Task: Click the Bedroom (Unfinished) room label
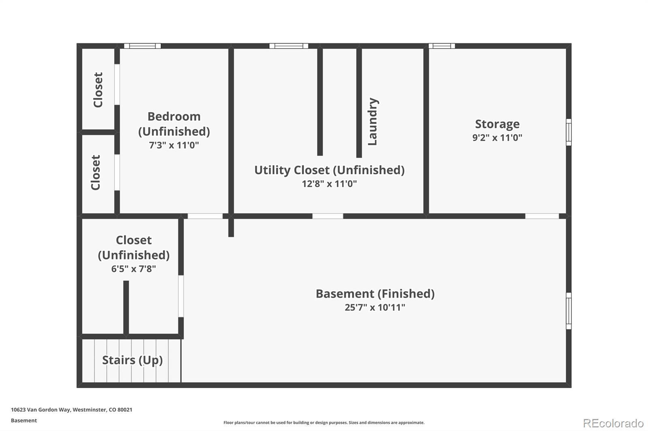(x=174, y=124)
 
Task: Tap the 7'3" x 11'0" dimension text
(x=174, y=145)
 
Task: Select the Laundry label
(x=372, y=121)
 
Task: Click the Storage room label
(x=497, y=124)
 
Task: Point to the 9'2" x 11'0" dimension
(x=497, y=137)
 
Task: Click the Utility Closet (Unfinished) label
(x=329, y=170)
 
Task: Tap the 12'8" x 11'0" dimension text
(x=329, y=184)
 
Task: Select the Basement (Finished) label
(x=375, y=294)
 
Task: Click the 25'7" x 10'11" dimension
(x=375, y=307)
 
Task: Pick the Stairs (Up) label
(x=132, y=360)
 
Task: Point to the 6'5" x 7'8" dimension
(x=133, y=268)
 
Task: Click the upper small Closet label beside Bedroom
(x=98, y=90)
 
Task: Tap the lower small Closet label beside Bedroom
(x=96, y=173)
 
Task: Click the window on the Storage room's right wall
(x=569, y=132)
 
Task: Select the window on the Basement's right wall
(x=569, y=311)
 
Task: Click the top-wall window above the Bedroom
(x=142, y=46)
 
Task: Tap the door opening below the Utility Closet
(x=328, y=216)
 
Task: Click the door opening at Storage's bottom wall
(x=542, y=216)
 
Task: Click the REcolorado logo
(x=613, y=423)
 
